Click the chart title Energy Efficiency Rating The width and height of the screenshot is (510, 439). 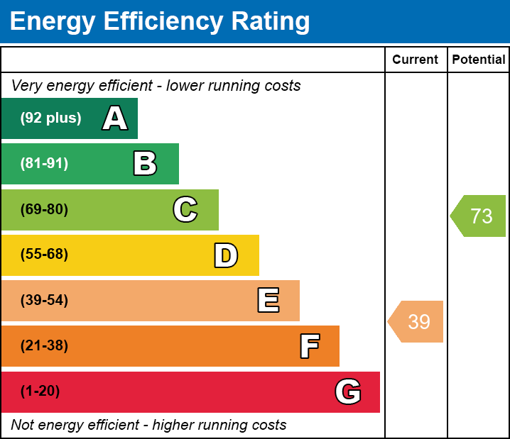coord(160,22)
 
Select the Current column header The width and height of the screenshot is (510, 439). coord(416,60)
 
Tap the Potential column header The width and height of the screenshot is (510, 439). coord(479,60)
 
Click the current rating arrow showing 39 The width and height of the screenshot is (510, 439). coord(417,321)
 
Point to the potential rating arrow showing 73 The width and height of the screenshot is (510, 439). coord(479,216)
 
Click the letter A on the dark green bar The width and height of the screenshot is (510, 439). coord(115,118)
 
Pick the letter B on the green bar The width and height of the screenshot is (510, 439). coord(145,164)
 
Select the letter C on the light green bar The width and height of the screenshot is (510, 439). coord(185,209)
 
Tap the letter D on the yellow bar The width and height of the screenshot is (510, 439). coord(226,255)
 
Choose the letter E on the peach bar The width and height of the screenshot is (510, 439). coord(268,301)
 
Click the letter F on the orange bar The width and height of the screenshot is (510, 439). coord(309,346)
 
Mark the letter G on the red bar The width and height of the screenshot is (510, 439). coord(348,391)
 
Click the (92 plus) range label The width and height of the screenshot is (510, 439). coord(50,118)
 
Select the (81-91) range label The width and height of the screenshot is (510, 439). coord(44,164)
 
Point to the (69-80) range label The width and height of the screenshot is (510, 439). coord(44,209)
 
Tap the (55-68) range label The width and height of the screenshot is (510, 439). coord(44,255)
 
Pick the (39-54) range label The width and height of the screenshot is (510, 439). coord(44,301)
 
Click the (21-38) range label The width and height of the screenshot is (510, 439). coord(44,346)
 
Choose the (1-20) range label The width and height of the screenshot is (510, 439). coord(40,391)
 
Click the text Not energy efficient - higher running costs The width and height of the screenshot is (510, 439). coord(148,425)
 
